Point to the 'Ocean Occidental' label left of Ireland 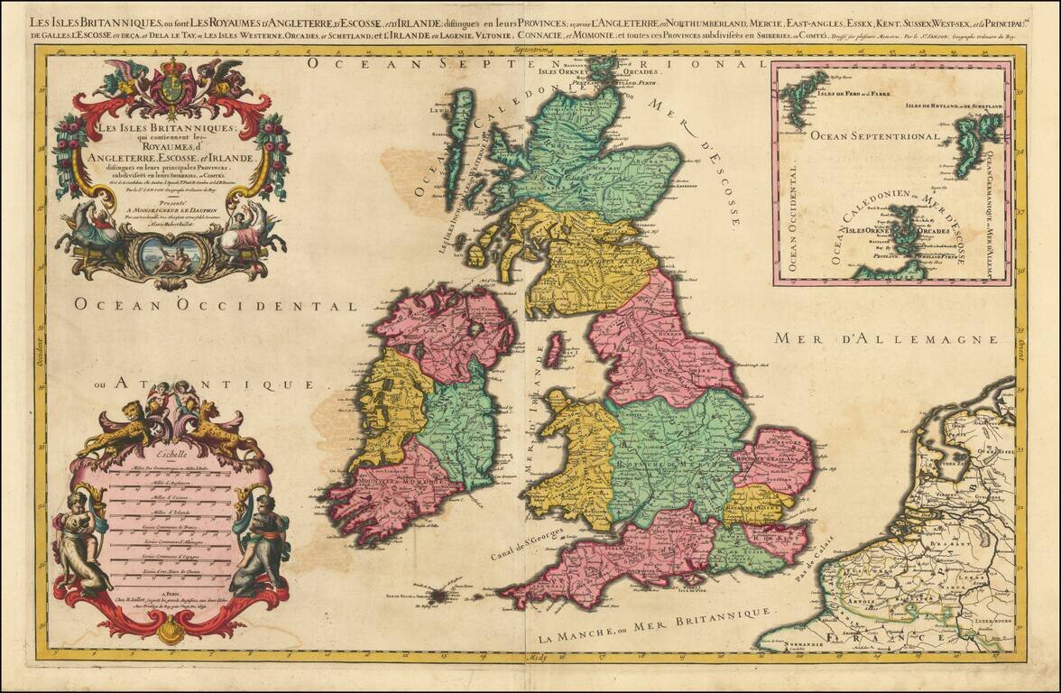tap(217, 305)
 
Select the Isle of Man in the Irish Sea tap(554, 349)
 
